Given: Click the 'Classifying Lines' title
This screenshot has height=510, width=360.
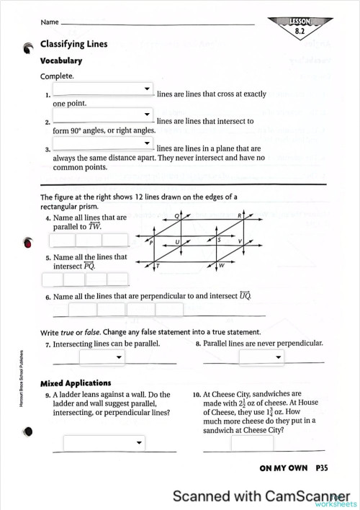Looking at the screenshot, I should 73,44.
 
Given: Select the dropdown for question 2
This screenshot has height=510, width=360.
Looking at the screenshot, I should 103,115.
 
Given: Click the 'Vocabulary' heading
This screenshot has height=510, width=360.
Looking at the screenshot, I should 60,61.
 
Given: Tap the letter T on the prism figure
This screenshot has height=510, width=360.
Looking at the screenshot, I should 158,266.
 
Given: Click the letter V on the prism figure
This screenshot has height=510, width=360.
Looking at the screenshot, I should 240,241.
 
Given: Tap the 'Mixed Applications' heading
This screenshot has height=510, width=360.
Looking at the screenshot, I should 76,383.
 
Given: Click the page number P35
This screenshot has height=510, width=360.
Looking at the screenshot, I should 321,468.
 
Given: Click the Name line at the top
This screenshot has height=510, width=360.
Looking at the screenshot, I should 158,24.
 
